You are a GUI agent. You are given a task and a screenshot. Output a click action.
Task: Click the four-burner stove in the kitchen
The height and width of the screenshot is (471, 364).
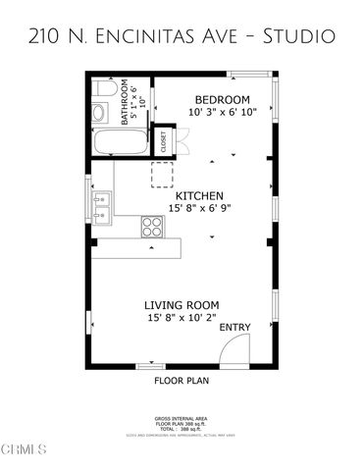(153, 227)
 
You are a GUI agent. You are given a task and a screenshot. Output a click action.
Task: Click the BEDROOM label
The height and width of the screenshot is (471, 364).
(222, 100)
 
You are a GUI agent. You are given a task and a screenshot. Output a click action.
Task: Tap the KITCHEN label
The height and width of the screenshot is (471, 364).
(199, 195)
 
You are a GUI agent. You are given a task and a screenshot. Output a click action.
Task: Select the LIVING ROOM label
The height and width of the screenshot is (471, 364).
(182, 305)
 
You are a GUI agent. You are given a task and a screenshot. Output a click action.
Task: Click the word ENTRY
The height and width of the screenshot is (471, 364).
(234, 327)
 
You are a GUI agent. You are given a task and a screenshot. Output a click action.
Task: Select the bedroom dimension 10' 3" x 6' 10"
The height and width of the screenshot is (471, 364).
(222, 114)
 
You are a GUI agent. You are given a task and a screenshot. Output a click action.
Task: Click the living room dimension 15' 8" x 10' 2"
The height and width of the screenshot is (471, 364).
(182, 318)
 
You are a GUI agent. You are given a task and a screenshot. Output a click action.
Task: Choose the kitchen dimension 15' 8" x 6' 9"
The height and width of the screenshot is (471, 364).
(199, 208)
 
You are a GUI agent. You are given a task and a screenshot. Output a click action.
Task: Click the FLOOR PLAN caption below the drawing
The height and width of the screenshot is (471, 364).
(182, 379)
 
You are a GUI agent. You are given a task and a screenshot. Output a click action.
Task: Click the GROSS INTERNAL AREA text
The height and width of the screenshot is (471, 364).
(182, 417)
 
